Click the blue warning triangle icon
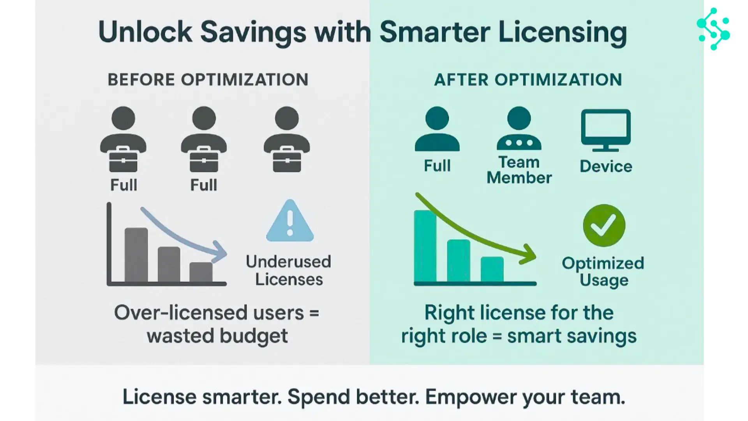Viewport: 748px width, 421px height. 290,221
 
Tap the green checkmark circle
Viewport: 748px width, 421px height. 604,225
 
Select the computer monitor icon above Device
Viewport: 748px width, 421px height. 606,130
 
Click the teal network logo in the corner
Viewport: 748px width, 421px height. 713,29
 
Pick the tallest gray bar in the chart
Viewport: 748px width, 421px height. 136,255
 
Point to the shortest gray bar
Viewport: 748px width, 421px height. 201,272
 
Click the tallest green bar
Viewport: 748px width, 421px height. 425,246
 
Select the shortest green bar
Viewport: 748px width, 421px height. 492,269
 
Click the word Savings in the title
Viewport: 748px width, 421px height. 253,32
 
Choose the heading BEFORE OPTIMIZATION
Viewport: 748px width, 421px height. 208,80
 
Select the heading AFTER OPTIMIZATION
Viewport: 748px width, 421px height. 528,80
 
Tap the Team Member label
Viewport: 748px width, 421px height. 519,170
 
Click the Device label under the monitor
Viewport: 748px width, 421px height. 606,166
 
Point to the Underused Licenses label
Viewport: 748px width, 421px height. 289,271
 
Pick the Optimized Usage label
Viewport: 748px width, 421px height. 603,272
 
